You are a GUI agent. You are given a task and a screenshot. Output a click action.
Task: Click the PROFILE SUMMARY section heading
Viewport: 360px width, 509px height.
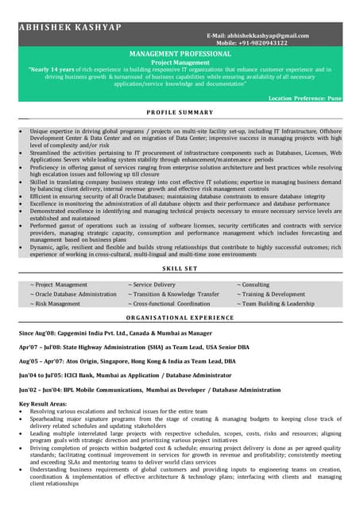pyautogui.click(x=180, y=112)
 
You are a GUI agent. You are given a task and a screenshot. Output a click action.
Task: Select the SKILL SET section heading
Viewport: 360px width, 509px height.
pyautogui.click(x=180, y=270)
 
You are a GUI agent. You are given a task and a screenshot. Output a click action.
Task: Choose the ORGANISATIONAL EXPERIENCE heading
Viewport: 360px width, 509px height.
pyautogui.click(x=180, y=316)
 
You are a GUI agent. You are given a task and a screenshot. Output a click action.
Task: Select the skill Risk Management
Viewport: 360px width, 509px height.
pyautogui.click(x=55, y=303)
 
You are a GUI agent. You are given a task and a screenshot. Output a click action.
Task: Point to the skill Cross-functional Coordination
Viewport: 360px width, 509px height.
pyautogui.click(x=168, y=303)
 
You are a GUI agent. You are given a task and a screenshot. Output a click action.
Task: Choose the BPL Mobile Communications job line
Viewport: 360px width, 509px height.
pyautogui.click(x=149, y=390)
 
